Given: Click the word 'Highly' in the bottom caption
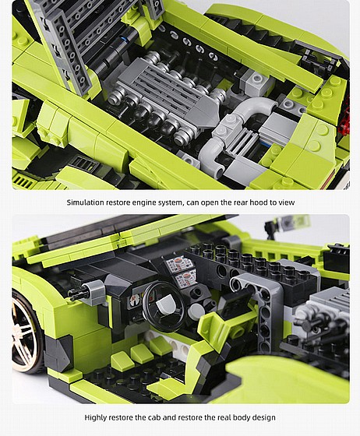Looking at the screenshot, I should point(97,417).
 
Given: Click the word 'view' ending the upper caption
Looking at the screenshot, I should point(287,202).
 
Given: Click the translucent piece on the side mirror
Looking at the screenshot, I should point(289,222).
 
